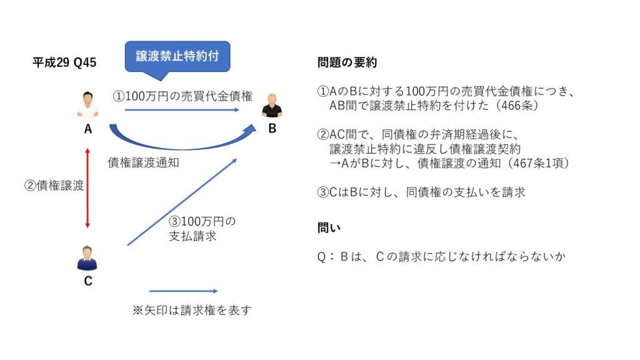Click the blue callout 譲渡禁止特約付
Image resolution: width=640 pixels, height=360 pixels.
coord(177,57)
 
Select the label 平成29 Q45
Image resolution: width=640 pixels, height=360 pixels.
coord(64,62)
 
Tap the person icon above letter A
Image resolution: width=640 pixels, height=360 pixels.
coord(87,104)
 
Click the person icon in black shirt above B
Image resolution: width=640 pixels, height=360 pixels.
coord(272,105)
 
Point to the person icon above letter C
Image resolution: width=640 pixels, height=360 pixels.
coord(87,258)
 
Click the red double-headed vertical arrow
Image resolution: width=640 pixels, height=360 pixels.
coord(87,188)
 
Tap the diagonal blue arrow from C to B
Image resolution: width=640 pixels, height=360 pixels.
coord(182,202)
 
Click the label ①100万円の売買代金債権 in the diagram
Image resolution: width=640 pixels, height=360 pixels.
coord(183,96)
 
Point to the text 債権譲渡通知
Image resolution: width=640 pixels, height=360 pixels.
coord(144,162)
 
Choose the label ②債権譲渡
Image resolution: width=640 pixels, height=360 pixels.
coord(54,185)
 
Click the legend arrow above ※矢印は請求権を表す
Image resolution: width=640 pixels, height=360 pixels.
coord(184,291)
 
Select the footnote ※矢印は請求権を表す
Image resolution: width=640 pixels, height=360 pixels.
coord(192,310)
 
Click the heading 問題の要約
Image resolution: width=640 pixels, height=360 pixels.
coord(347,62)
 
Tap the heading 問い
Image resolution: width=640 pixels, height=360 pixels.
coord(329,227)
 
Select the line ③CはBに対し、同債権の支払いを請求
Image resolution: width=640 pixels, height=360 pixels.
coord(421,192)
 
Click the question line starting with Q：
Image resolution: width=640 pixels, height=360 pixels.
coord(442,256)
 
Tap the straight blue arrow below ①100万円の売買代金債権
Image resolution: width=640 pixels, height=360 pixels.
coord(182,110)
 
